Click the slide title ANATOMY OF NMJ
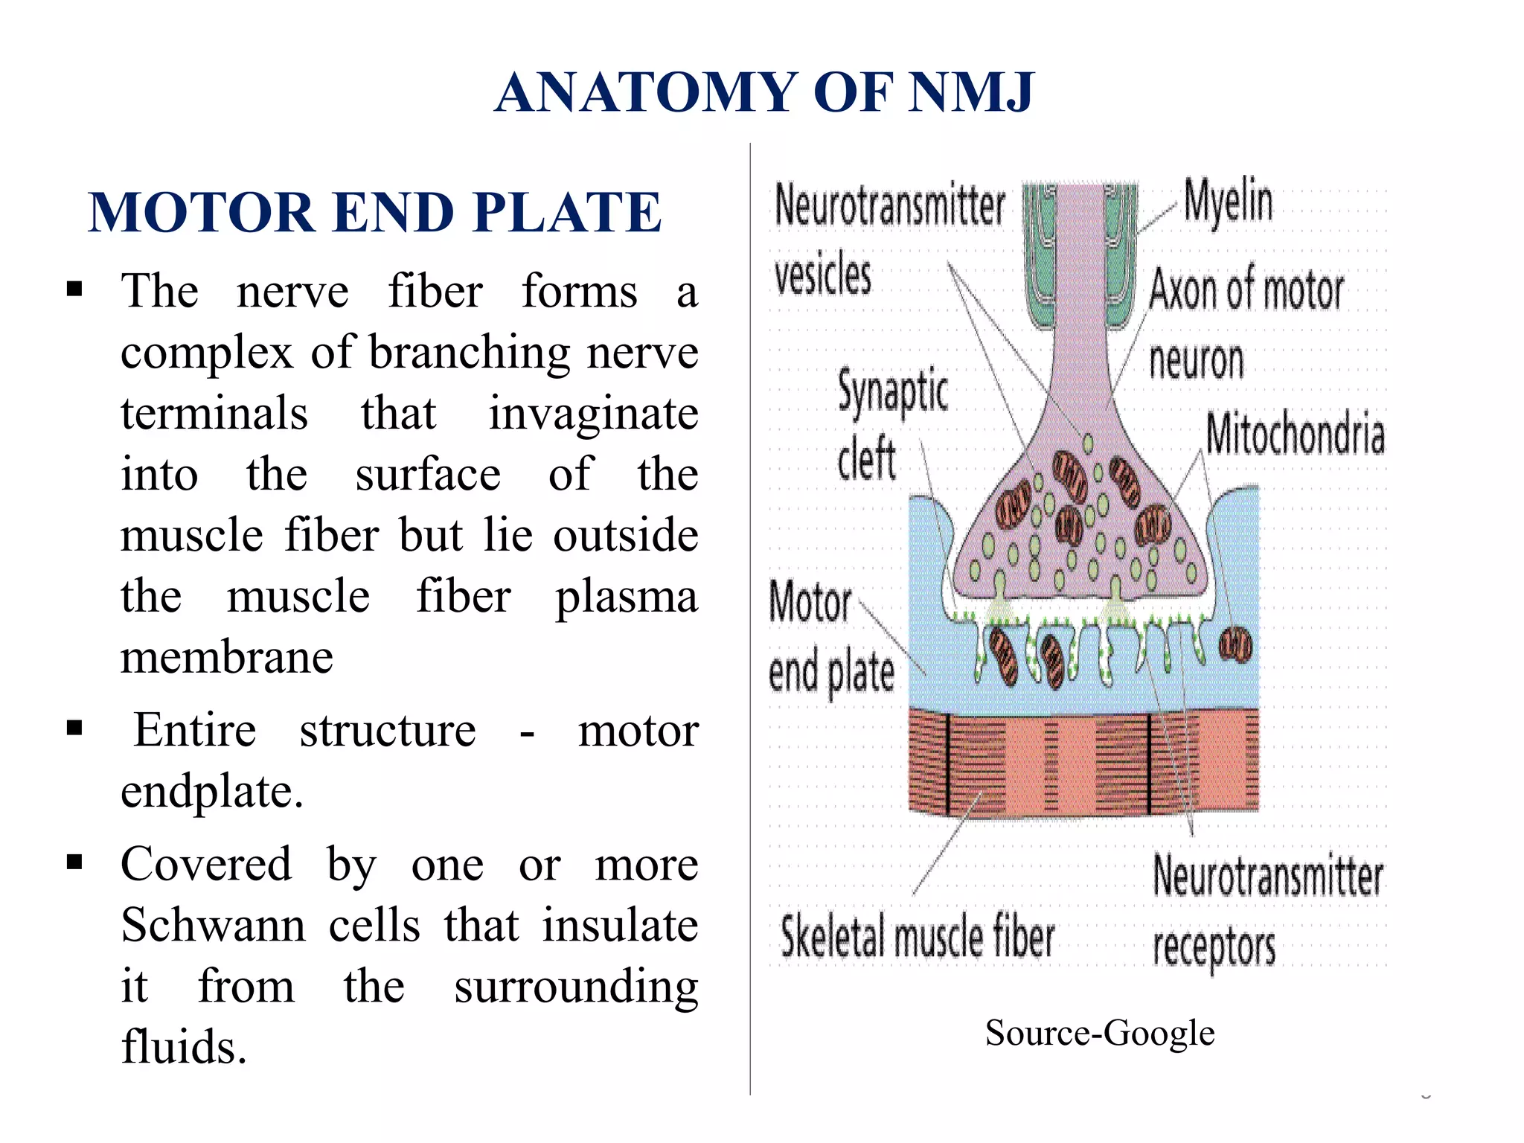[764, 93]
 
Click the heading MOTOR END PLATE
[374, 213]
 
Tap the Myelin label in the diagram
[1228, 201]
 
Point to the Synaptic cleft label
[891, 424]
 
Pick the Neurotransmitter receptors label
[1267, 912]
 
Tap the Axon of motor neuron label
[1246, 324]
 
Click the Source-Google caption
[1099, 1034]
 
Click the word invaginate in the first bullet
[593, 414]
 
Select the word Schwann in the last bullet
[214, 926]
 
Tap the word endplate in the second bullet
[211, 791]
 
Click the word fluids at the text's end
[183, 1047]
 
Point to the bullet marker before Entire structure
[74, 727]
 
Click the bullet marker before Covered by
[74, 862]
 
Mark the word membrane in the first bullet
[227, 658]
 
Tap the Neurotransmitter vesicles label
[889, 238]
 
